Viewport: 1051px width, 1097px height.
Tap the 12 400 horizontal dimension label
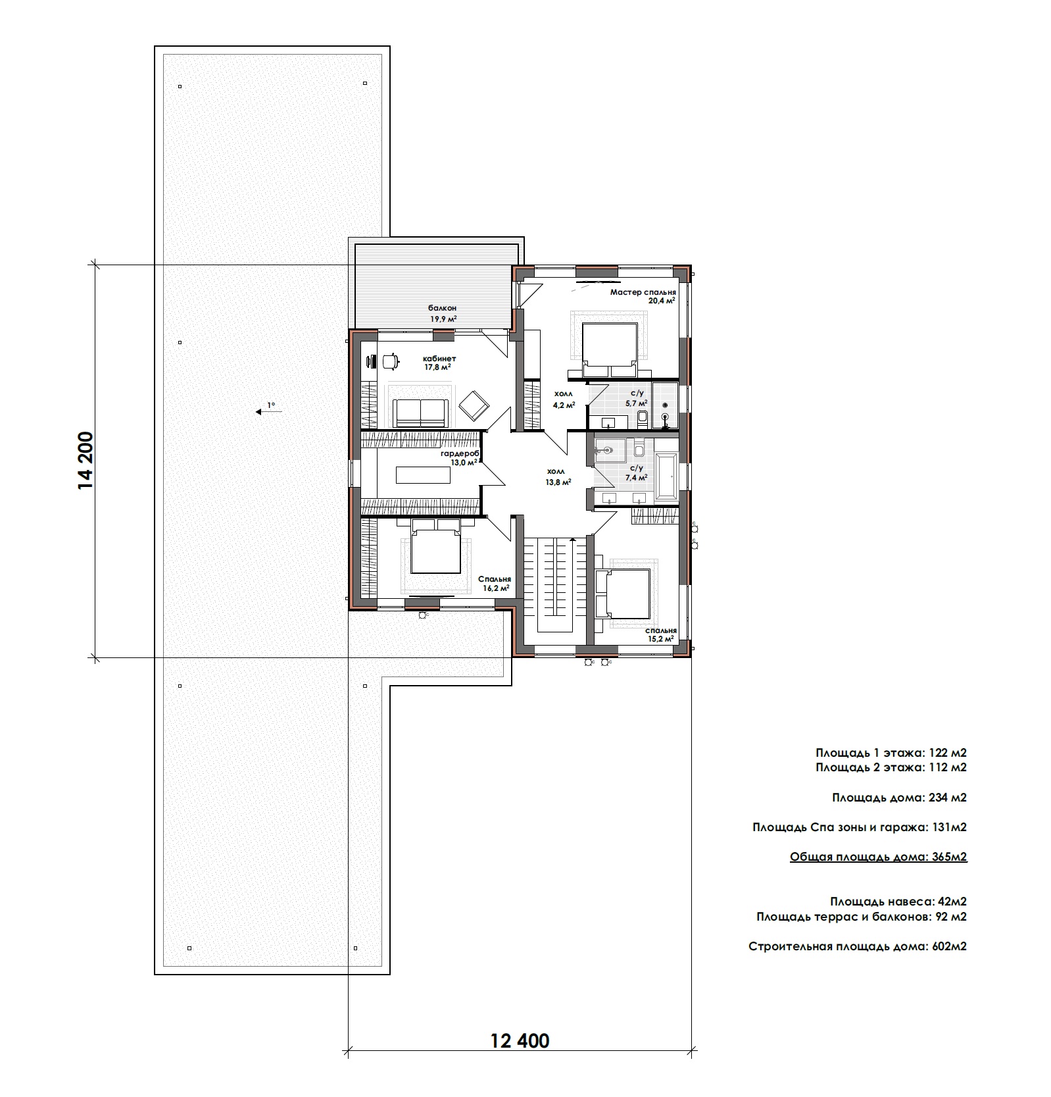point(520,1041)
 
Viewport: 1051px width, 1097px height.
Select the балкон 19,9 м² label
point(443,313)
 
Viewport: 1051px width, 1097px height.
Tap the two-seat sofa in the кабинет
point(420,413)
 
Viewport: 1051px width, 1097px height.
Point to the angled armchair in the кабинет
point(474,406)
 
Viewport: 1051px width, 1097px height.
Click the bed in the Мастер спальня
point(609,349)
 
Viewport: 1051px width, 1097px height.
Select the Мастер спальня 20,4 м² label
point(643,296)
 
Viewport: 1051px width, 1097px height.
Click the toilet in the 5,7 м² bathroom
point(644,416)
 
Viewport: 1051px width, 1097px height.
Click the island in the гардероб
point(419,474)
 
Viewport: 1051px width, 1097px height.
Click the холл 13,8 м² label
point(557,476)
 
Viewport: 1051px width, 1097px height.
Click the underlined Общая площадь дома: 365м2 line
point(879,857)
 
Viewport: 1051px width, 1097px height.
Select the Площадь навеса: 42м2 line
point(898,902)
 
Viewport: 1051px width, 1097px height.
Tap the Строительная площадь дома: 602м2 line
point(858,946)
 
